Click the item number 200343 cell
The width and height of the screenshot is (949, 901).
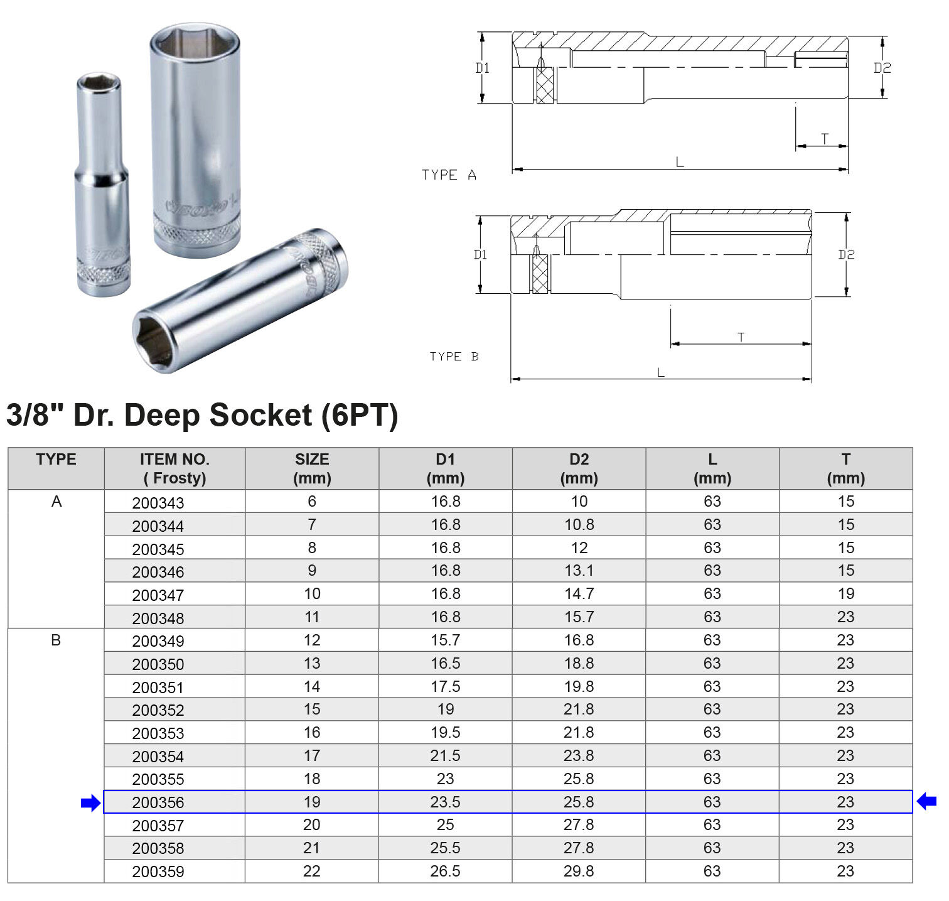(x=158, y=503)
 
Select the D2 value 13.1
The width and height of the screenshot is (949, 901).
(x=579, y=571)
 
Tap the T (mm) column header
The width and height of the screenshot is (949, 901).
(x=845, y=468)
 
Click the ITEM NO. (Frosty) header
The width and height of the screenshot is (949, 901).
(x=174, y=468)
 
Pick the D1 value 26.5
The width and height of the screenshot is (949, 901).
(x=445, y=871)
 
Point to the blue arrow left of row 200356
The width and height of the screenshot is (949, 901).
(x=91, y=802)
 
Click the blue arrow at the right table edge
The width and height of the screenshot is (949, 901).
(x=926, y=801)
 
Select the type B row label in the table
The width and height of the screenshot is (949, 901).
(x=56, y=640)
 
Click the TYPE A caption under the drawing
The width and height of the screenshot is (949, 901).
(x=449, y=175)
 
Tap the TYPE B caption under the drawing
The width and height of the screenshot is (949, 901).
(x=454, y=357)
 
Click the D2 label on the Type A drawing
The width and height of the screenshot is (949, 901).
(x=882, y=68)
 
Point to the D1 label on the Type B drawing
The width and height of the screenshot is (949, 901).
(x=480, y=254)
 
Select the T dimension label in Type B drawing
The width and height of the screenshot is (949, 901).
(x=741, y=337)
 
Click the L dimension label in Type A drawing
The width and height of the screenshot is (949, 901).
(x=680, y=163)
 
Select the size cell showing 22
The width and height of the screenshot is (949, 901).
(x=311, y=871)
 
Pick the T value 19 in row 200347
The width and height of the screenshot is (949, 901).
(x=845, y=594)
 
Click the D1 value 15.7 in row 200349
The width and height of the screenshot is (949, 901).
(x=445, y=640)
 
